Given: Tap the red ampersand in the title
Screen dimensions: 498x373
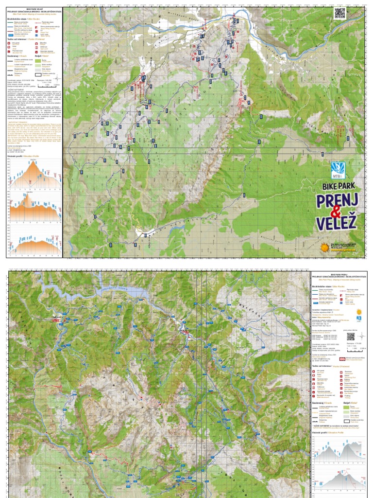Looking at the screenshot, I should (x=335, y=212).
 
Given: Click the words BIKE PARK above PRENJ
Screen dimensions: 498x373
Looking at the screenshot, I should (x=338, y=185).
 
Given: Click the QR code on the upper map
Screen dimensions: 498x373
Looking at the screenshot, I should (x=340, y=13).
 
